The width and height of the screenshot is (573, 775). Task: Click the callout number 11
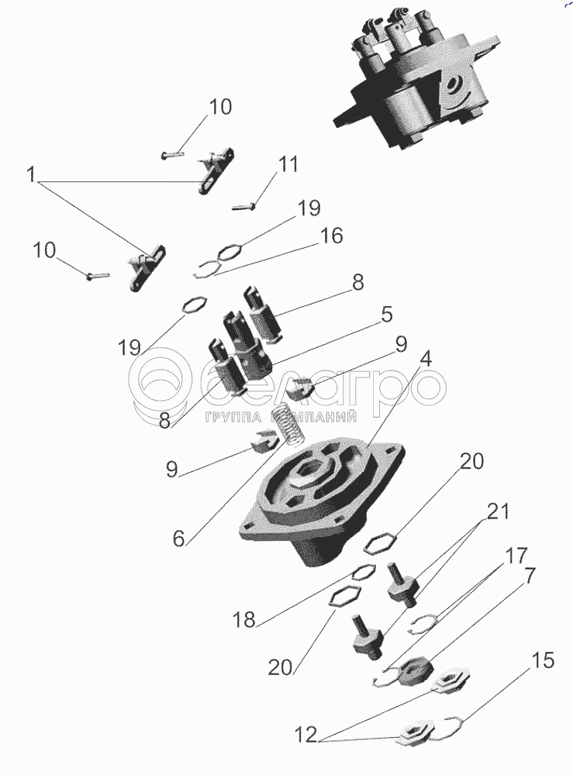288,164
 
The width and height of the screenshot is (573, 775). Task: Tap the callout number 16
332,236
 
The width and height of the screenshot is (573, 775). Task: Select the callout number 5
387,315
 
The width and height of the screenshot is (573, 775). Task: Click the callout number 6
179,539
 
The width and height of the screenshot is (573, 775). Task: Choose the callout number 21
497,512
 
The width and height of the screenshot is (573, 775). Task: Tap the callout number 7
530,576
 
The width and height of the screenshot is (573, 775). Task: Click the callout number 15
543,661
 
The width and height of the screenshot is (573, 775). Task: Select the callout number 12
306,735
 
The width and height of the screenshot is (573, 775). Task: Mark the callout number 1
31,174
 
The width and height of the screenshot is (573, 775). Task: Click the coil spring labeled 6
288,424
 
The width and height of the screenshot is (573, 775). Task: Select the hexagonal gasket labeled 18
364,573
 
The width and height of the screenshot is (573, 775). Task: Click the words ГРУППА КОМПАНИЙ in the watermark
281,418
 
